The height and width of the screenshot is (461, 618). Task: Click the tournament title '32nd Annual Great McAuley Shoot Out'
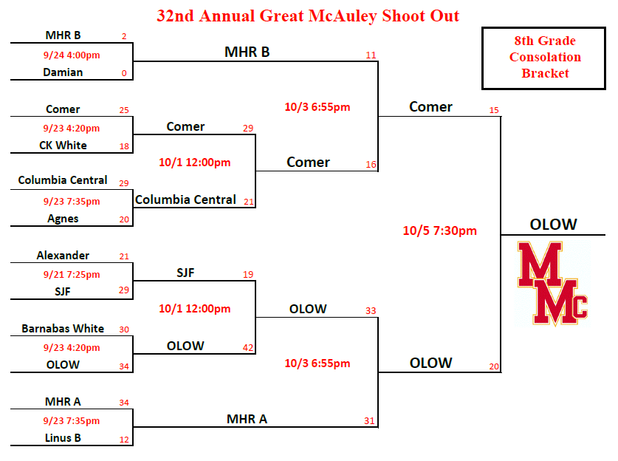(308, 16)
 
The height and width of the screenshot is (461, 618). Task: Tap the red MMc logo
(552, 284)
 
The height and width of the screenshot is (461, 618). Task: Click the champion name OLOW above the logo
(553, 225)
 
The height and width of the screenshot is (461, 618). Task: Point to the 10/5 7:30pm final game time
(440, 230)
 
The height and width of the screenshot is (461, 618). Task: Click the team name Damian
(63, 72)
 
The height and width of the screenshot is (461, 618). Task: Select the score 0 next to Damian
(124, 73)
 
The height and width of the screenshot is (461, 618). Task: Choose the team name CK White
(63, 146)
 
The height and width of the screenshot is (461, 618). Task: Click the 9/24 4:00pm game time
(72, 55)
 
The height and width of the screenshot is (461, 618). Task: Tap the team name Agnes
(63, 219)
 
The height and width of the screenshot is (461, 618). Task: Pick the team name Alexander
(63, 256)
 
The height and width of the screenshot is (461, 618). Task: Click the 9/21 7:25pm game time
(72, 275)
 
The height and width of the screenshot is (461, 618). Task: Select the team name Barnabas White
(63, 329)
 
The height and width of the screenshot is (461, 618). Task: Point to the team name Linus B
(63, 438)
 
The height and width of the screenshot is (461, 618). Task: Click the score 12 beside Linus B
(124, 440)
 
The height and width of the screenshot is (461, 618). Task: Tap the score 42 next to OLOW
(248, 348)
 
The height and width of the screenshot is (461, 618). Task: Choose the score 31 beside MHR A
(369, 421)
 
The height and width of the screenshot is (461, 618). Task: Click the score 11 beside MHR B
(371, 55)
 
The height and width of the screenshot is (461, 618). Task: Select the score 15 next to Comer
(494, 110)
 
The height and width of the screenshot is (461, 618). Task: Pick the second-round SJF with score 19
(185, 273)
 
